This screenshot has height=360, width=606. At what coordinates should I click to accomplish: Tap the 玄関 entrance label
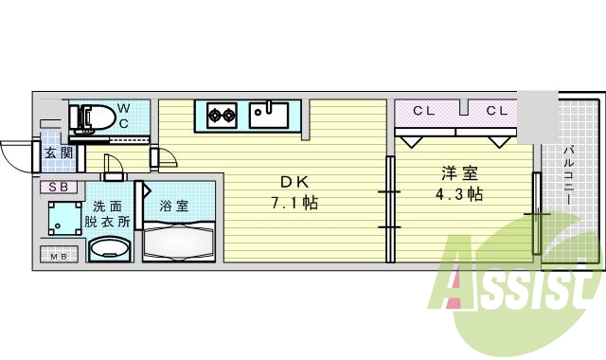[52, 153]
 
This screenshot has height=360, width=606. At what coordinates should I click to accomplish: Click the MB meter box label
[58, 254]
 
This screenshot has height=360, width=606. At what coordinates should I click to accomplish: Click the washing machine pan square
[63, 219]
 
